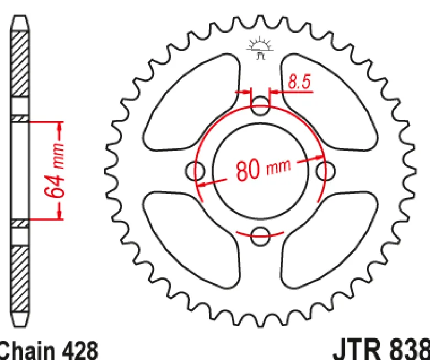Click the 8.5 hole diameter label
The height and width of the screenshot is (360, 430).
299,82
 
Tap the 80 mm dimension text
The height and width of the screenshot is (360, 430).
263,169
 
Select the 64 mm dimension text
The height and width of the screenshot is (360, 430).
55,170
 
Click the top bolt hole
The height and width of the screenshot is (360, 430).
260,105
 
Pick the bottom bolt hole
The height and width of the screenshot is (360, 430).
260,236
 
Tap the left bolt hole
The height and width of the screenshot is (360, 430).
195,171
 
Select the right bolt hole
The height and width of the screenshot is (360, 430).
325,171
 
